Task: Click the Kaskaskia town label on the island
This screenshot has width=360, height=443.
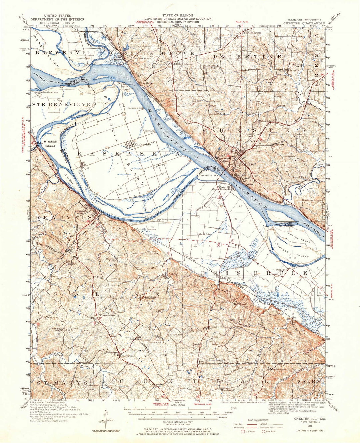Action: (x=143, y=145)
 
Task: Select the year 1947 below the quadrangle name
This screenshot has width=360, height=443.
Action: (x=310, y=426)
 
